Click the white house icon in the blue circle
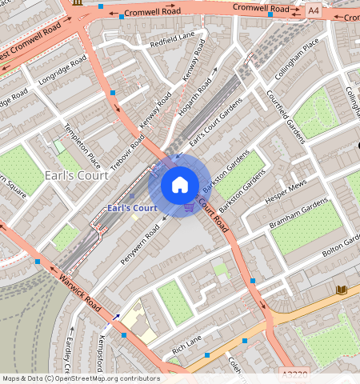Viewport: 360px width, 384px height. (x=180, y=186)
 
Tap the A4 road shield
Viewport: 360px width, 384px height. (x=313, y=11)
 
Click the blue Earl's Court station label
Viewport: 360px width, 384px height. (x=132, y=208)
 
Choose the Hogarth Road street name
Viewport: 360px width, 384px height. (x=199, y=94)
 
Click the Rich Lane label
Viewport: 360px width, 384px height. (x=186, y=346)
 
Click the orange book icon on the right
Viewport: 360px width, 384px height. (x=342, y=289)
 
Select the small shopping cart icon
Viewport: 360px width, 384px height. (x=189, y=207)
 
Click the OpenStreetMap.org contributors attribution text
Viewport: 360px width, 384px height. (x=108, y=378)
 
